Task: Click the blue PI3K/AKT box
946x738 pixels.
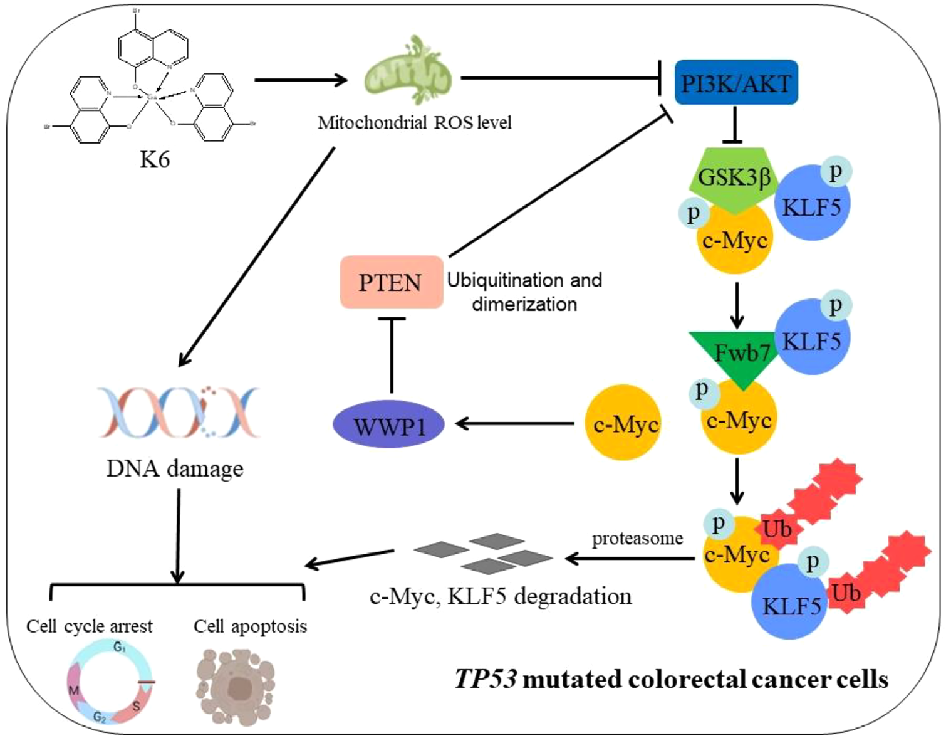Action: coord(735,83)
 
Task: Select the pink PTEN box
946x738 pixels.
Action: coord(391,282)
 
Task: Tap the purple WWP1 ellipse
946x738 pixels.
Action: coord(388,424)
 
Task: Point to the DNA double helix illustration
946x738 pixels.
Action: coord(178,412)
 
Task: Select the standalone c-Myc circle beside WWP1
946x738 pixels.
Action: coord(623,423)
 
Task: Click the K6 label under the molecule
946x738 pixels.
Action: coord(154,159)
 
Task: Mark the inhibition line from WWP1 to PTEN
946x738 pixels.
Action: coord(392,354)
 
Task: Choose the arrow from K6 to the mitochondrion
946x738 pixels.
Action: coord(300,80)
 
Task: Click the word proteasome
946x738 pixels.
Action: coord(637,538)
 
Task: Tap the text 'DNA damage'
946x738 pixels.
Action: coord(175,468)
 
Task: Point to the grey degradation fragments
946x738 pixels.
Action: coord(483,552)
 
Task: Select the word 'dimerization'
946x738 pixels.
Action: coord(524,304)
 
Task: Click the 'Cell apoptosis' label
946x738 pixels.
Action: coord(250,626)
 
